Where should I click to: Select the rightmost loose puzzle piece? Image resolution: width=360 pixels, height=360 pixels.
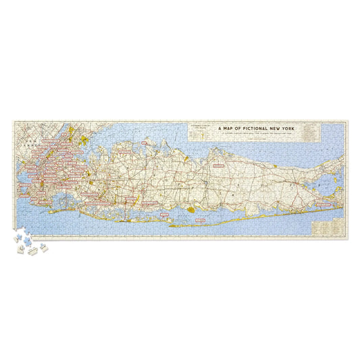click(45, 249)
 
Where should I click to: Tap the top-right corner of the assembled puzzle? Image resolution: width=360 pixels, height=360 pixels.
click(347, 121)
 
